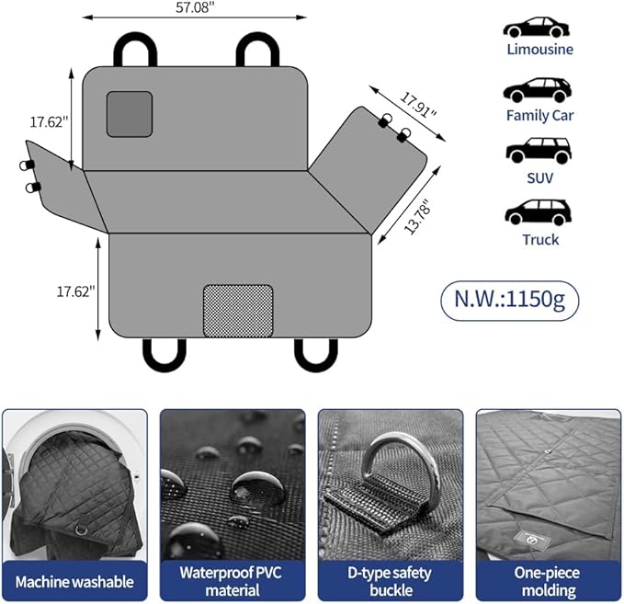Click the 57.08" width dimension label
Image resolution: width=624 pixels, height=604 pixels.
195,7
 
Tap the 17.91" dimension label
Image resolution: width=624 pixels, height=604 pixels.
418,104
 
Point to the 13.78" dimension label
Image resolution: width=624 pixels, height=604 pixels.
417,216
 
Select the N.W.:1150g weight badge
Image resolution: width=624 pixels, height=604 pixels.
509,300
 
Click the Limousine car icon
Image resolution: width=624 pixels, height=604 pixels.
536,27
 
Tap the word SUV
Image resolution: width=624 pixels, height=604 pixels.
540,178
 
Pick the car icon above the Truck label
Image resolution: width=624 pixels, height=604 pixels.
538,212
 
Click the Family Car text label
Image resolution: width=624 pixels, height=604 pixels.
539,116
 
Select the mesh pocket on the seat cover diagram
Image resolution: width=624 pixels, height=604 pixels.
238,311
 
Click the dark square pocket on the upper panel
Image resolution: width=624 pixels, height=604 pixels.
130,114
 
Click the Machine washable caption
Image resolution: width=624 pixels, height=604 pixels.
74,582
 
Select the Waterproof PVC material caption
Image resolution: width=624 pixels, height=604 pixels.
232,581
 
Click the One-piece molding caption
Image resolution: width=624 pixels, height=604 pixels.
548,581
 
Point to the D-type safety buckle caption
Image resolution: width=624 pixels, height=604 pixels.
390,581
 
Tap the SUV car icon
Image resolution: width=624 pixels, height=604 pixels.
539,151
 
